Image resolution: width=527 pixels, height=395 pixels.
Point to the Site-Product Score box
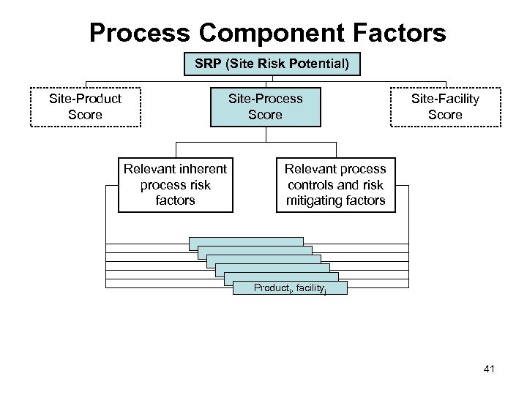pyautogui.click(x=85, y=106)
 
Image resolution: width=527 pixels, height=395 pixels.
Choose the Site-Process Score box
pyautogui.click(x=265, y=106)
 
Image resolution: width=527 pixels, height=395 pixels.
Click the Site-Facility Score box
pyautogui.click(x=445, y=106)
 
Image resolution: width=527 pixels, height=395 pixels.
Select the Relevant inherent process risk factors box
pyautogui.click(x=176, y=184)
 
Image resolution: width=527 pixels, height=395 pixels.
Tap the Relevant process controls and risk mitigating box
pyautogui.click(x=335, y=184)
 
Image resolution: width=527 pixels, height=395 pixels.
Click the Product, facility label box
pyautogui.click(x=291, y=288)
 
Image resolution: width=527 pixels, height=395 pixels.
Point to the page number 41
pyautogui.click(x=489, y=369)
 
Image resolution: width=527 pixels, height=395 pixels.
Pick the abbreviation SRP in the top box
pyautogui.click(x=208, y=64)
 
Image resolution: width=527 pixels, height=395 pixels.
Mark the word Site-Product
pyautogui.click(x=85, y=98)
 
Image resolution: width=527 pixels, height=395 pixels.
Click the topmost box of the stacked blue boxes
pyautogui.click(x=246, y=241)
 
